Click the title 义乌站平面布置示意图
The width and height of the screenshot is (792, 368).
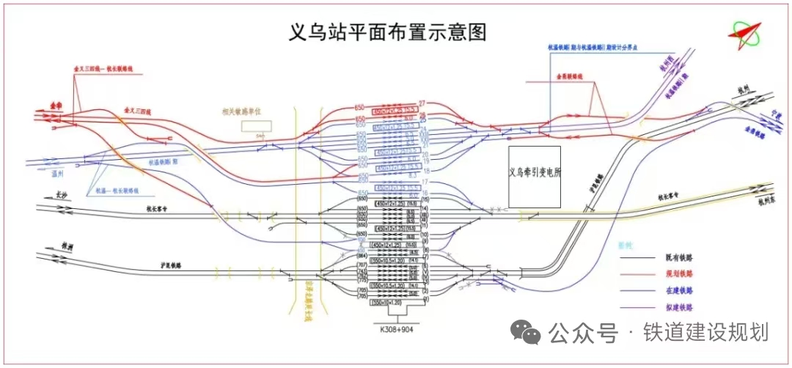(388, 32)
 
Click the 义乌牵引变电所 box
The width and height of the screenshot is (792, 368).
(535, 175)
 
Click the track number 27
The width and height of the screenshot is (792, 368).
(422, 103)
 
